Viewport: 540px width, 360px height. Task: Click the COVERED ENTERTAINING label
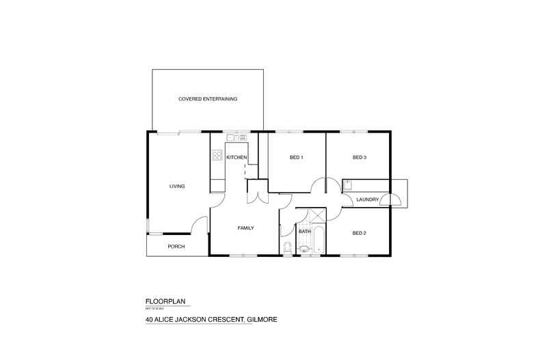(207, 99)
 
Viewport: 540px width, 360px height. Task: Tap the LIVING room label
(178, 186)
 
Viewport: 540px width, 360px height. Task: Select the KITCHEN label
(237, 158)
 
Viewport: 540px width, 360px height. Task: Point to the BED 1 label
(296, 158)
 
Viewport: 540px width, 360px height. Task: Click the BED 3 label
(360, 158)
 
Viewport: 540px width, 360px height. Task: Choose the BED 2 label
(360, 234)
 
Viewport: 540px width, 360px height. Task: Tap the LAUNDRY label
(368, 199)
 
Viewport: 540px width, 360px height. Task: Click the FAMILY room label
(246, 227)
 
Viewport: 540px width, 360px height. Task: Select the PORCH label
(176, 247)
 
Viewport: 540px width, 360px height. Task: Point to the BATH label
(304, 232)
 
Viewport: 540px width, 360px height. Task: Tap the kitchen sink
(234, 137)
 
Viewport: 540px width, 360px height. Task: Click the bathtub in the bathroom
(319, 239)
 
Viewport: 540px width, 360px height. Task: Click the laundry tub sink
(348, 184)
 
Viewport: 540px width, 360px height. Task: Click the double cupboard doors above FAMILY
(256, 196)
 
